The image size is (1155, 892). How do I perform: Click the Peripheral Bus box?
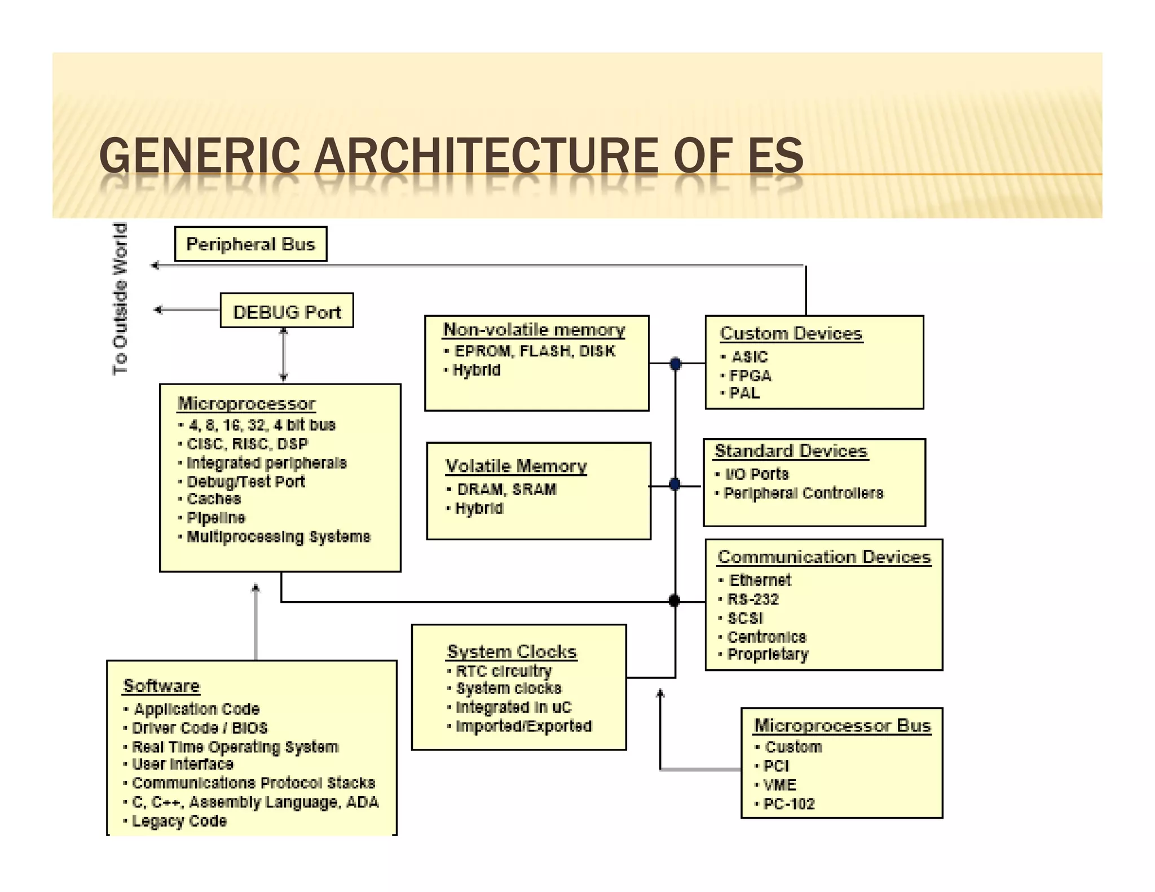pos(250,244)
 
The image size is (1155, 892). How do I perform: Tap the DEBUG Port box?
pos(286,311)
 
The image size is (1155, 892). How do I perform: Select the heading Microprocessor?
pos(246,404)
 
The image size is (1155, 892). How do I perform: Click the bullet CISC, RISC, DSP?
pos(248,444)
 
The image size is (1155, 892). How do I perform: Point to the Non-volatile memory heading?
pos(534,330)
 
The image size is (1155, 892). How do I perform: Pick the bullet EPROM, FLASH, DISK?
pos(534,351)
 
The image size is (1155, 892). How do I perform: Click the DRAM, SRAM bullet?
pos(506,489)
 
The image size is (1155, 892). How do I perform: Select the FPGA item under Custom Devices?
pos(750,376)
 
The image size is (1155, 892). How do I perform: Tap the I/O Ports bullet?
pos(756,474)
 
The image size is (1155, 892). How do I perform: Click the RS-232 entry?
pos(753,599)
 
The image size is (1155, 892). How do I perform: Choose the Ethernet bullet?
pos(760,580)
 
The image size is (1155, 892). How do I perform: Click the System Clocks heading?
pos(512,652)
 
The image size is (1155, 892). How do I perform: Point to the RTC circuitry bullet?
pos(503,671)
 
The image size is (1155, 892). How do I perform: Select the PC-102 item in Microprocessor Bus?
pos(788,804)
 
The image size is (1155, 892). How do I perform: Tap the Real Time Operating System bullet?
pos(235,747)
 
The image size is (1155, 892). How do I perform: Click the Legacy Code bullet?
pos(179,821)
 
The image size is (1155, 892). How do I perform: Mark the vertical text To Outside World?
pos(120,299)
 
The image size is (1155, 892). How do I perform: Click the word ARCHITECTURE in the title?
pos(486,156)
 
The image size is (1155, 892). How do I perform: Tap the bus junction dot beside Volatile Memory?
pos(675,484)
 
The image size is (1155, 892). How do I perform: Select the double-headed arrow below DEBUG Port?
pos(284,355)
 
